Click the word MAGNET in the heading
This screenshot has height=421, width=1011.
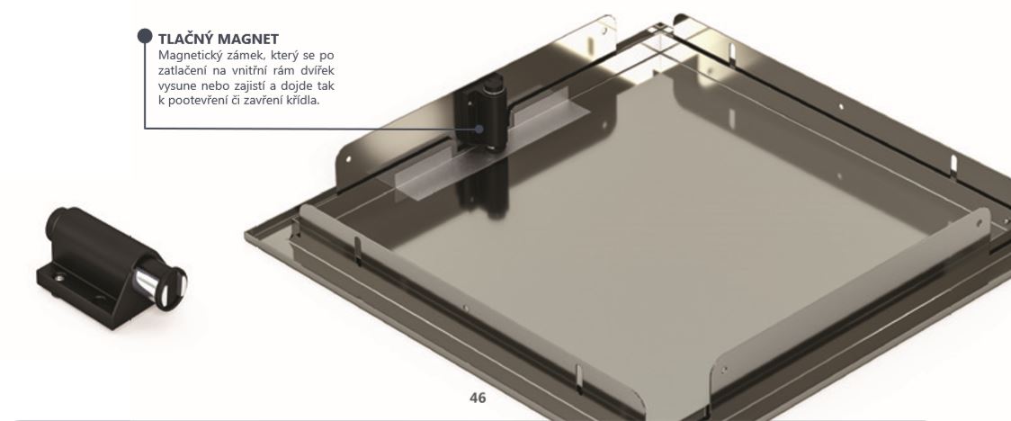tap(248, 39)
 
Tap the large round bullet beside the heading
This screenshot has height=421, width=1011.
tap(145, 35)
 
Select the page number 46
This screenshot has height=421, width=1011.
tap(478, 398)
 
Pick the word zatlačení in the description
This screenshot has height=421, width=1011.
tap(183, 70)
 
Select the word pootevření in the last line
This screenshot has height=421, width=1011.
tap(197, 102)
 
